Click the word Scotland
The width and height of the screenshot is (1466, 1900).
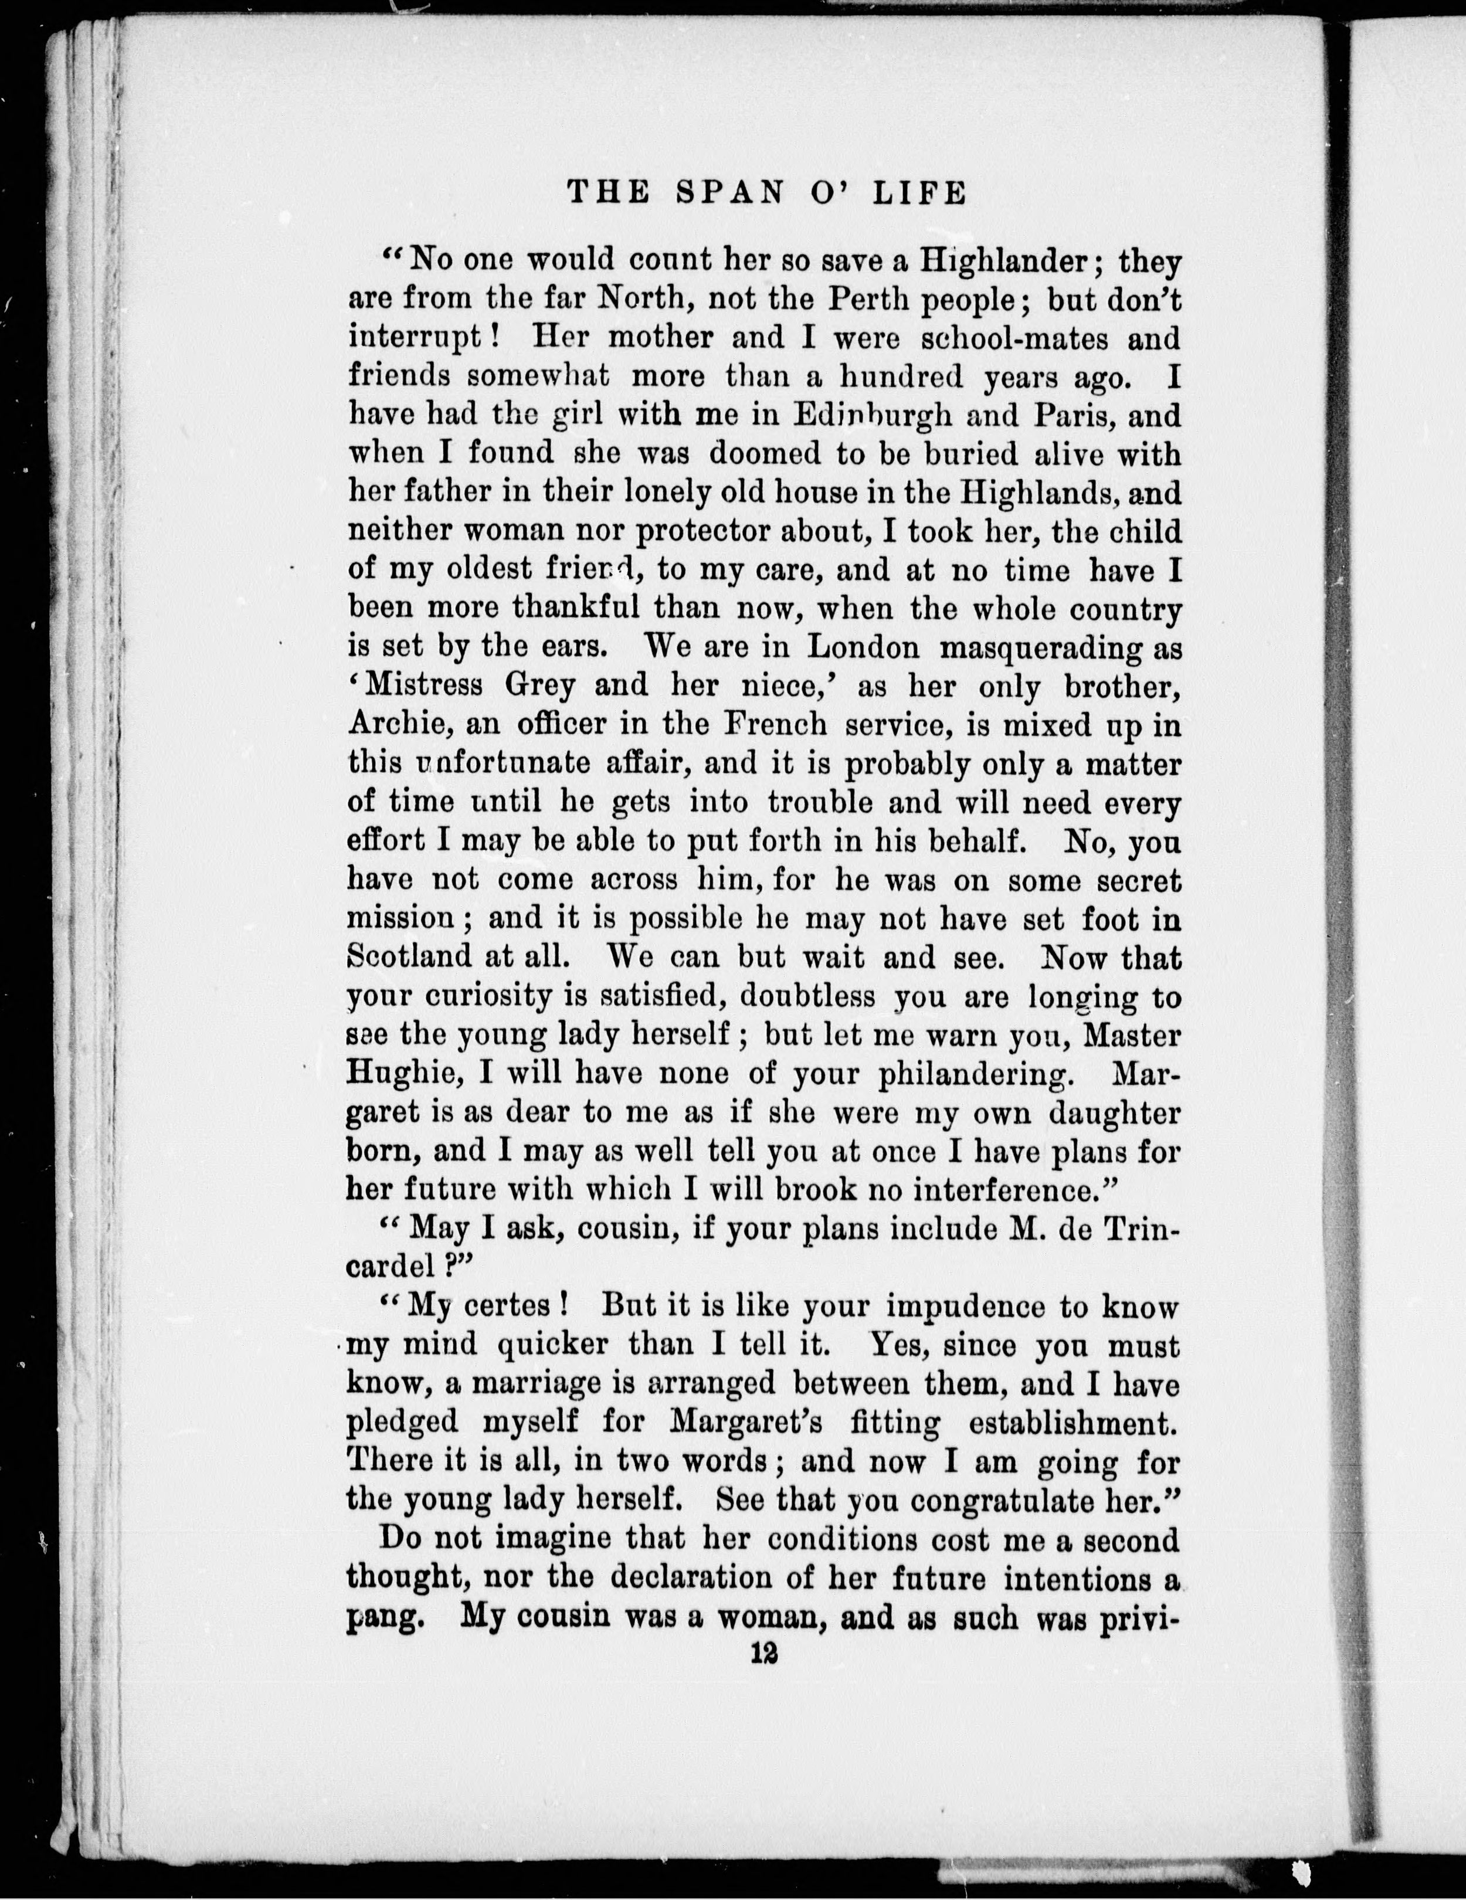(405, 957)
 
